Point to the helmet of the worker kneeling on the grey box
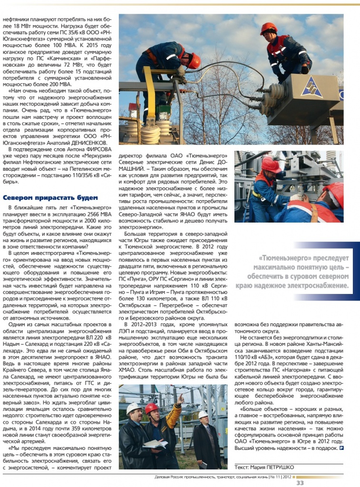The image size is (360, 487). coord(268,29)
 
